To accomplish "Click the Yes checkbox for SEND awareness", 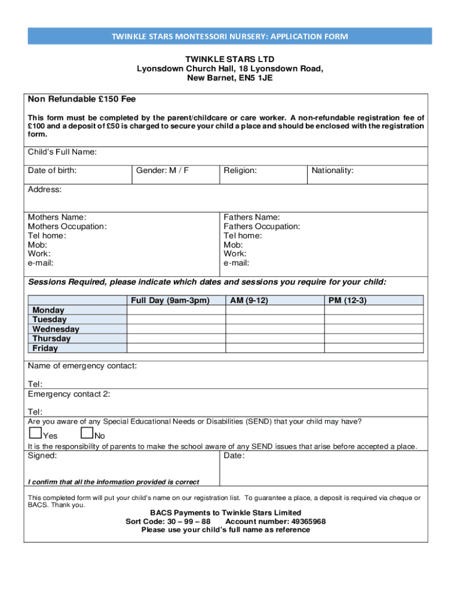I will point(35,433).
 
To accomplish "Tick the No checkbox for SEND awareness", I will point(87,433).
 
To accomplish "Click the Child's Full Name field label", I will point(62,152).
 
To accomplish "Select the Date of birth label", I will point(52,171).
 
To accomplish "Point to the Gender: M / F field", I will point(162,171).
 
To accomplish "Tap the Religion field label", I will point(240,171).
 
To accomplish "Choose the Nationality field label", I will point(332,171).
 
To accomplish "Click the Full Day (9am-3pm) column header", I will point(170,301).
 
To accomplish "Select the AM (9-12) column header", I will point(249,301).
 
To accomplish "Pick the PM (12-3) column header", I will point(347,301).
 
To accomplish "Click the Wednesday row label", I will point(56,329).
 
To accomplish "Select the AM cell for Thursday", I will point(274,339).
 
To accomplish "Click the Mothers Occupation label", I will point(68,227).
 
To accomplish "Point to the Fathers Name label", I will point(252,218).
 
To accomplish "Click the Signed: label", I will point(42,456).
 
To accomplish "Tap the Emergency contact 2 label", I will point(69,394).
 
